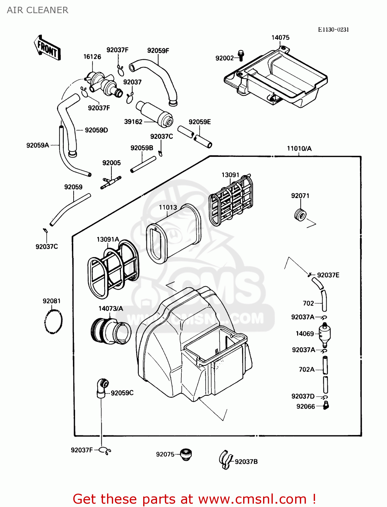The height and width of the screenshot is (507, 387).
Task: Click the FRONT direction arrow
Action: [x=47, y=48]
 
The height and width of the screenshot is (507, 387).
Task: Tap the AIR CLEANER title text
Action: [x=37, y=10]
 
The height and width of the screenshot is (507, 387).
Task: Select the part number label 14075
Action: [x=280, y=38]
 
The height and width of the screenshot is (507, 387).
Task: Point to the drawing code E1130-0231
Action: [x=333, y=30]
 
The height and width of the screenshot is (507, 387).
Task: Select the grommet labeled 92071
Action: [x=300, y=215]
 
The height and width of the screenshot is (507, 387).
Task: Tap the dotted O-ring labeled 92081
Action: [x=53, y=321]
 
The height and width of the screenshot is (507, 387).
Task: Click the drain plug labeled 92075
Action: [x=185, y=455]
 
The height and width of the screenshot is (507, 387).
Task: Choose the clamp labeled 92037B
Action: [x=226, y=460]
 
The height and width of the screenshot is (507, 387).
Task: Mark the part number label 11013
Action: [x=168, y=207]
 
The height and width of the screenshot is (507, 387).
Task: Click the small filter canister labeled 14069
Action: [x=325, y=334]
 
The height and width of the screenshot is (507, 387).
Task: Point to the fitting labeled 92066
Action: [x=326, y=405]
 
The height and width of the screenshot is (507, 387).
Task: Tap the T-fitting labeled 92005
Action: [x=110, y=182]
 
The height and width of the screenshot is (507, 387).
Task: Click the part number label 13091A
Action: [x=108, y=240]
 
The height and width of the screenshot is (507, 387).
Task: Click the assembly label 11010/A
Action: [x=299, y=148]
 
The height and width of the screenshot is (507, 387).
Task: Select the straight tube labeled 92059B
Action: [x=143, y=165]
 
